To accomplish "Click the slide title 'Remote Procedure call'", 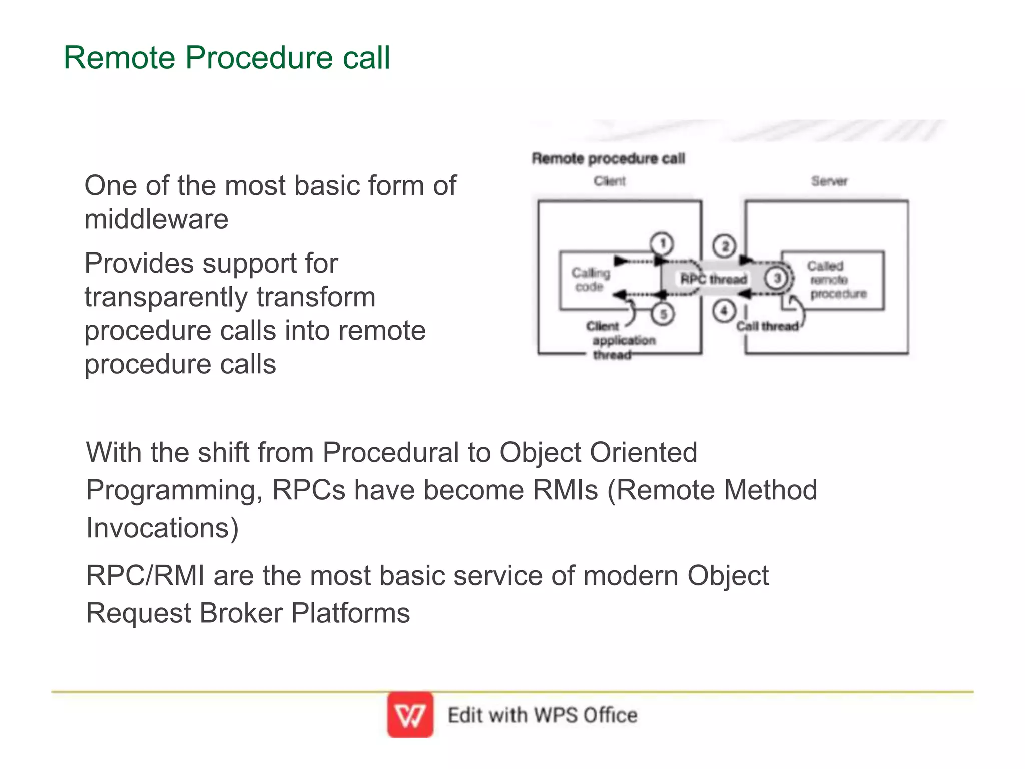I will click(226, 57).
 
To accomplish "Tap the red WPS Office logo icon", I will click(410, 715).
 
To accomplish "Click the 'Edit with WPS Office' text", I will click(542, 715).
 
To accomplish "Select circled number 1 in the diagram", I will click(662, 244).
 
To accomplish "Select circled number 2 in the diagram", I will click(724, 246).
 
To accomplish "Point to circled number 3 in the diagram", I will click(777, 278).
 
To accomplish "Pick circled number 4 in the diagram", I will click(724, 311).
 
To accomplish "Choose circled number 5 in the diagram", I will click(663, 314).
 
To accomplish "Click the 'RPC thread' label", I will click(713, 279).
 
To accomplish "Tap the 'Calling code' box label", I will click(591, 280).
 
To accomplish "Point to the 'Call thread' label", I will click(767, 326).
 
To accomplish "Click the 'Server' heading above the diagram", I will click(829, 181).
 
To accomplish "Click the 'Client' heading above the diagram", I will click(610, 181).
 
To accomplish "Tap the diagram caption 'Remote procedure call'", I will click(608, 158).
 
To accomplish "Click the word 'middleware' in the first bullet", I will click(156, 219).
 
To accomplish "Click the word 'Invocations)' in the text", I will click(162, 528).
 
